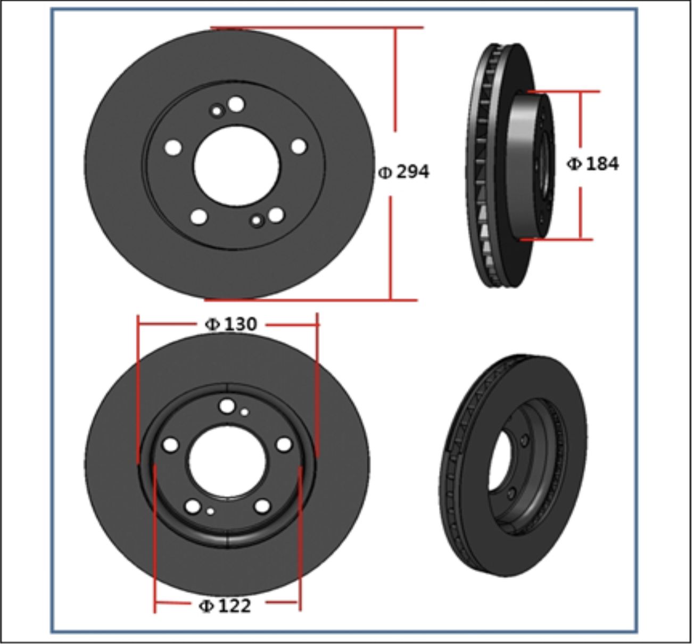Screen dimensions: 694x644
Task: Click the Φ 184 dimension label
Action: point(593,164)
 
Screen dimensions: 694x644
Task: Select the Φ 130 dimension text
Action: point(231,324)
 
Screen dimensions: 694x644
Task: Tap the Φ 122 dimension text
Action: point(225,606)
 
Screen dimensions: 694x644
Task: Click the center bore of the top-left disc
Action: point(237,166)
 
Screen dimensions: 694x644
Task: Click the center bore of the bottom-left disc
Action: point(227,461)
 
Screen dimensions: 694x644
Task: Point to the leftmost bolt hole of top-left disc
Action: point(173,147)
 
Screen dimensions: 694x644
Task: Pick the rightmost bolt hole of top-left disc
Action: point(299,146)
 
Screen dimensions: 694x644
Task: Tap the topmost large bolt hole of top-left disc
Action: point(236,104)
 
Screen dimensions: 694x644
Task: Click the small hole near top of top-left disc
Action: point(217,111)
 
